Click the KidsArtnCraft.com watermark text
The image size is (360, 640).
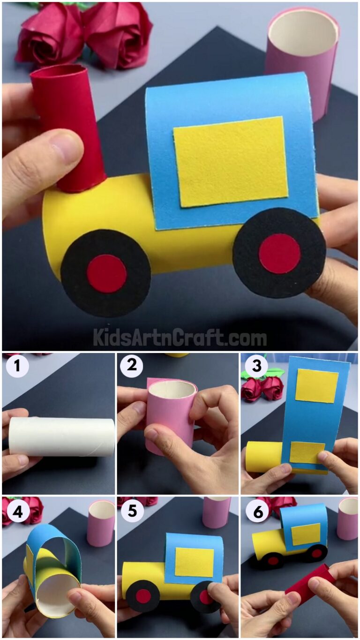tap(180, 337)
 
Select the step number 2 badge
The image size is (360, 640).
tap(132, 366)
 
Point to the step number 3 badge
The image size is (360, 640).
tap(256, 366)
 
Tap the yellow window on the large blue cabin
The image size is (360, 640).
tap(231, 161)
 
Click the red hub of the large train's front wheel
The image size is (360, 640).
tap(106, 274)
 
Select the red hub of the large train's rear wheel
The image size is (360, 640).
tap(279, 253)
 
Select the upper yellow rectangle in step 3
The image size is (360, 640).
tap(316, 385)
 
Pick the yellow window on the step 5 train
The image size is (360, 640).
tap(194, 562)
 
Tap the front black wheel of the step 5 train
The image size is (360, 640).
tap(143, 596)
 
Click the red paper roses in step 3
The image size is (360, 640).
tap(262, 388)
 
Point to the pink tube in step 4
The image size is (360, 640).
tap(101, 523)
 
